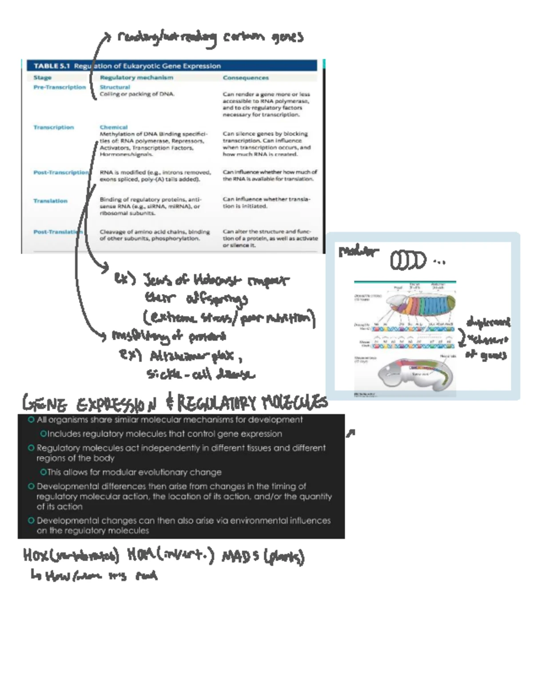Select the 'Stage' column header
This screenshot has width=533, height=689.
42,77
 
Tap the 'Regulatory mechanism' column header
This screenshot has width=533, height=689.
136,77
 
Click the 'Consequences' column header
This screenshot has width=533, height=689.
246,78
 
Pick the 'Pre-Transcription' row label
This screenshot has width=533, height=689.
60,87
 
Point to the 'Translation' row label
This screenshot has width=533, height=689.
50,201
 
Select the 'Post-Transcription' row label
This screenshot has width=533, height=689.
61,172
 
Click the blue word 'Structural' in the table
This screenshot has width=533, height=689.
115,87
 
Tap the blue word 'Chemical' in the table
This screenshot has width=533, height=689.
113,127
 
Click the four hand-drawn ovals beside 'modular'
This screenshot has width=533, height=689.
408,261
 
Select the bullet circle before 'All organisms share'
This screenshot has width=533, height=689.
31,420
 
